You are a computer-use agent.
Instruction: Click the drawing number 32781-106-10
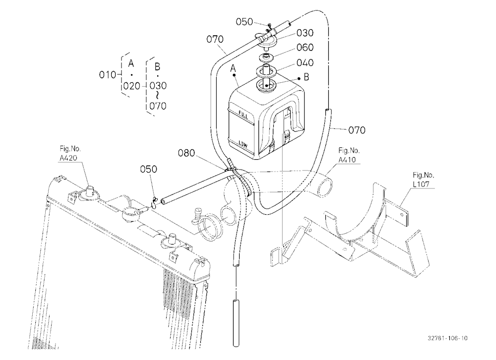click(447, 338)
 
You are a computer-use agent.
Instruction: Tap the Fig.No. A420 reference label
click(70, 153)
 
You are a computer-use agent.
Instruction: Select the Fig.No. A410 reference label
click(349, 155)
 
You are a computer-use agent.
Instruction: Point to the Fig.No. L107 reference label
click(423, 180)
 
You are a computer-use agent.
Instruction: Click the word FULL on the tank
click(244, 115)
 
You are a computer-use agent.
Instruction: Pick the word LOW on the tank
click(243, 144)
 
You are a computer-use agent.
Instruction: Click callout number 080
click(186, 153)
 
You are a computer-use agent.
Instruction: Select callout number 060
click(305, 48)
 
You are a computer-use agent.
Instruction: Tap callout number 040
click(305, 63)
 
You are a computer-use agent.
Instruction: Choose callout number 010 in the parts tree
click(108, 75)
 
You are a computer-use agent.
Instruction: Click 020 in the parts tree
click(131, 86)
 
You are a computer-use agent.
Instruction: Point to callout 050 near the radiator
click(148, 169)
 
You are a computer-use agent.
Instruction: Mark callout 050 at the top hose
click(244, 22)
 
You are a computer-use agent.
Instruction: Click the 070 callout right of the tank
click(357, 130)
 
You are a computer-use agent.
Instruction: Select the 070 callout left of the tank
click(215, 39)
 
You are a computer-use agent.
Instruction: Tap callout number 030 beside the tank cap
click(305, 33)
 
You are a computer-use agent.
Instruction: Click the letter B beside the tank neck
click(306, 77)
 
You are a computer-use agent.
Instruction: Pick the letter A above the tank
click(234, 68)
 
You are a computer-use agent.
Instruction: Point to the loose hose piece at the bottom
click(236, 323)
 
